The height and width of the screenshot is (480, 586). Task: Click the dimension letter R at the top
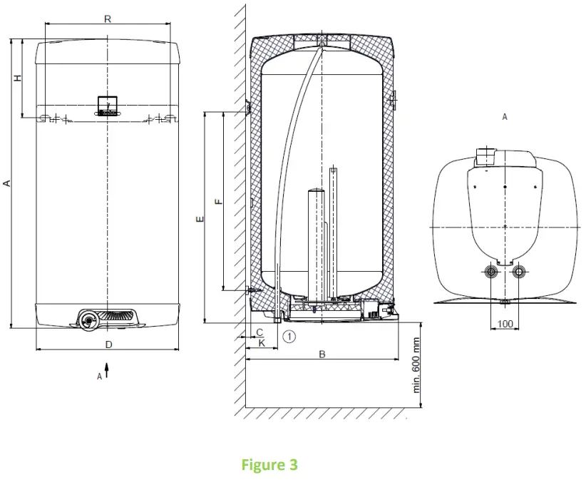[107, 19]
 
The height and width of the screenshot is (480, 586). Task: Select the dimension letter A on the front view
[7, 183]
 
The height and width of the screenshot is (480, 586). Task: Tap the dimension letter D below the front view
[108, 344]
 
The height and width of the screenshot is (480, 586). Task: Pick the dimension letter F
[219, 201]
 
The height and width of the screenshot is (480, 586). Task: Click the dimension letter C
[259, 332]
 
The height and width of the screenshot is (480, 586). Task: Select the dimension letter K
[262, 343]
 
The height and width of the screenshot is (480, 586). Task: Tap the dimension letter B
[322, 354]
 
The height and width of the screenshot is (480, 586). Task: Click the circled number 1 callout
[289, 335]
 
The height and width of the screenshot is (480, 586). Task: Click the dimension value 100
[505, 324]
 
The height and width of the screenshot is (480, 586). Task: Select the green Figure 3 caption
[274, 465]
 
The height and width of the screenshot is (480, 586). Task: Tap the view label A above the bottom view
[505, 116]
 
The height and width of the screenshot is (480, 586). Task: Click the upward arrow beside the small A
[107, 369]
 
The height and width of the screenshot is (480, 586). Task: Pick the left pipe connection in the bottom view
[490, 272]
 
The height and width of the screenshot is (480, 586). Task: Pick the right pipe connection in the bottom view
[520, 272]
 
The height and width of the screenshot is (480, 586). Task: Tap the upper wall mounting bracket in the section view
[247, 107]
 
